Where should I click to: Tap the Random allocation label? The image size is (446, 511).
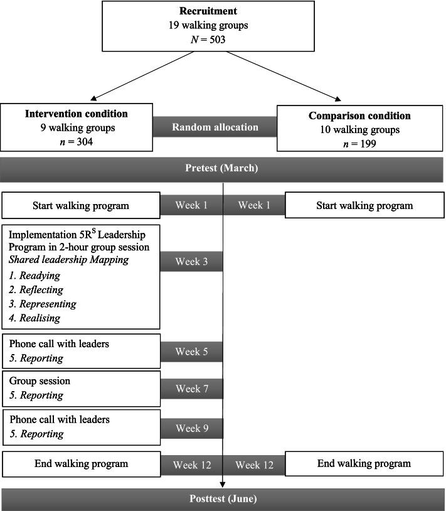215,127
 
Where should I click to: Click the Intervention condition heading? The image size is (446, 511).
77,114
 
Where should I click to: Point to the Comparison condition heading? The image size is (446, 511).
359,116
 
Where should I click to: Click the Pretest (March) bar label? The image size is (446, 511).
221,168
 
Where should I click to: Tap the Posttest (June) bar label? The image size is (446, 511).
223,500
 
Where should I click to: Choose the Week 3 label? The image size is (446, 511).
191,262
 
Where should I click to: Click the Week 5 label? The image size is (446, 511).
191,352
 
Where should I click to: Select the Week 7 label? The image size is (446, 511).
191,389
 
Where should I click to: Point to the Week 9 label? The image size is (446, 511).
191,428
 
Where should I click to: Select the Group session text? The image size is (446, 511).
40,381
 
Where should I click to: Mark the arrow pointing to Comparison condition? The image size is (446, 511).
339,99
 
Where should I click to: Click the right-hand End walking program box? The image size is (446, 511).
364,464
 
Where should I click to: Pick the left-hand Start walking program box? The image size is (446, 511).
80,205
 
